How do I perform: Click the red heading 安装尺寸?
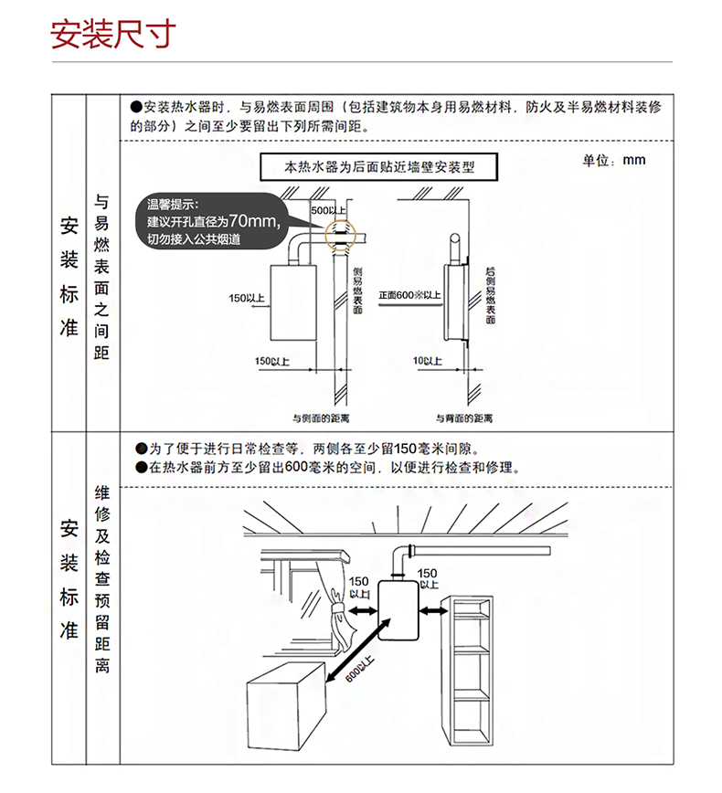111,36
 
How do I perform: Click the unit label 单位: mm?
613,161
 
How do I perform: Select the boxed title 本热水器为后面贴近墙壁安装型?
379,168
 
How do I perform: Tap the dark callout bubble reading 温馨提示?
210,221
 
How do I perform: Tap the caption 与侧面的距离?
320,418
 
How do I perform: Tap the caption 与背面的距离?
463,418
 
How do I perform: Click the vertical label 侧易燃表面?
358,291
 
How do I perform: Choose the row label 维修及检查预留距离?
102,580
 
